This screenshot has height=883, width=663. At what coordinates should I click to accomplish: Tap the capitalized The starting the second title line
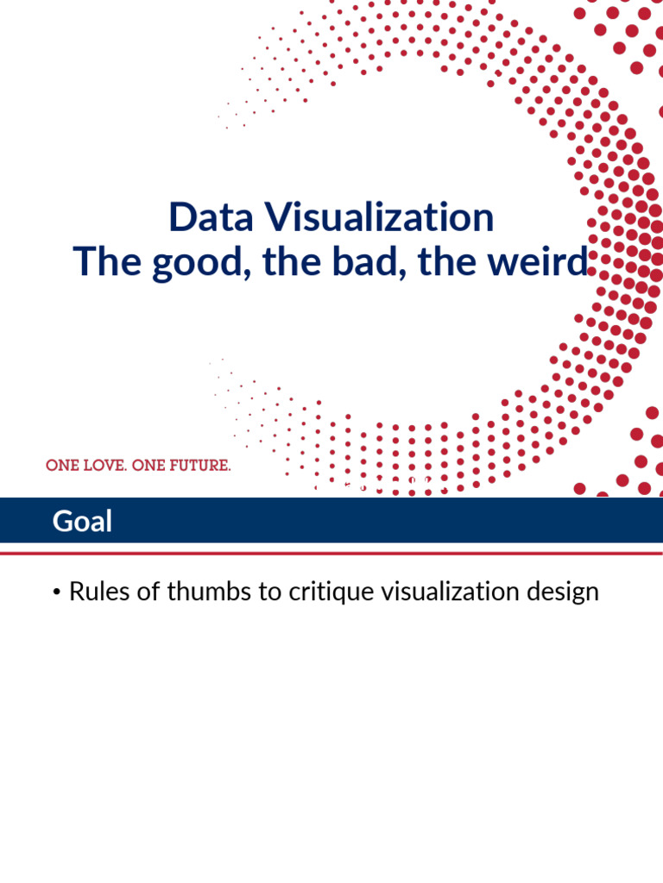tap(108, 261)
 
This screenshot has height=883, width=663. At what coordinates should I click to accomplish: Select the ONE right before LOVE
tap(61, 466)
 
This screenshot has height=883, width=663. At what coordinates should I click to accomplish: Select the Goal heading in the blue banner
tap(82, 521)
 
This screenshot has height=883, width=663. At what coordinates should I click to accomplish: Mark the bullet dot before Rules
tap(56, 593)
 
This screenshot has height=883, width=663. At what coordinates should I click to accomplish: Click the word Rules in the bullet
tap(97, 592)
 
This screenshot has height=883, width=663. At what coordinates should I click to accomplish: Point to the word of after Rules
tap(141, 592)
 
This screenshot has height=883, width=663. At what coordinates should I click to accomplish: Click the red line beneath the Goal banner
tap(331, 553)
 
